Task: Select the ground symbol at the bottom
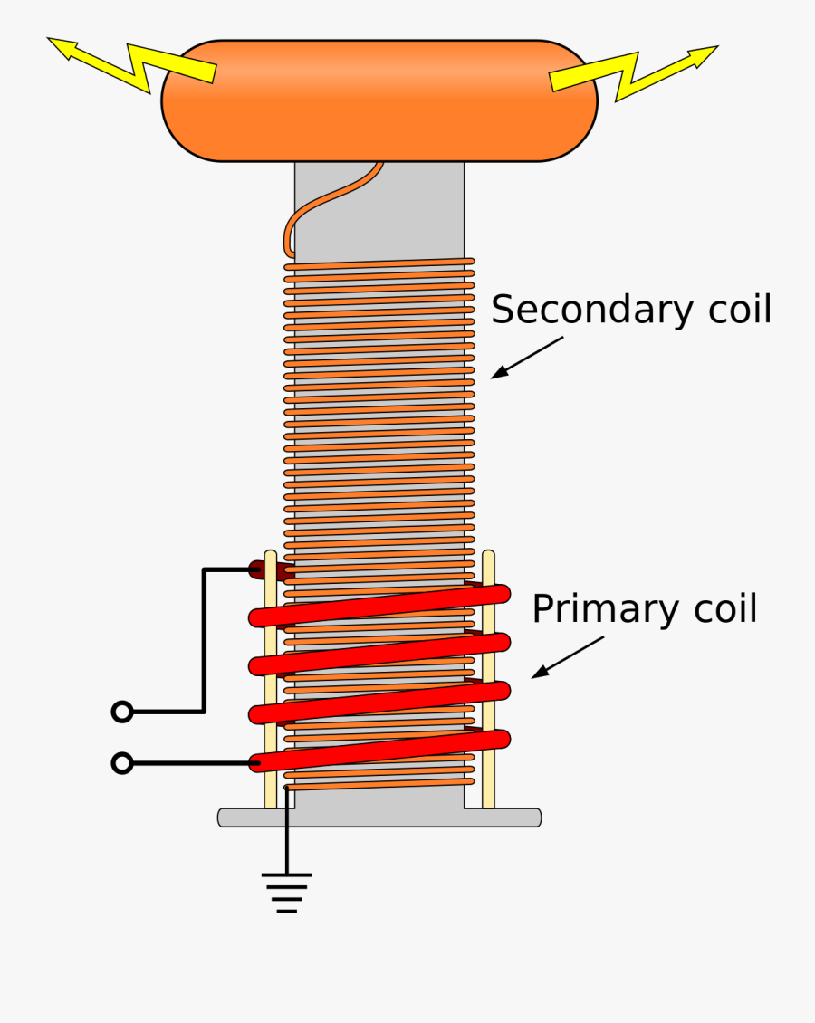click(x=287, y=892)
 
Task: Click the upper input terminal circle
click(x=122, y=712)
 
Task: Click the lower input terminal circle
click(x=122, y=764)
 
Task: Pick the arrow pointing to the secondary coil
click(x=525, y=358)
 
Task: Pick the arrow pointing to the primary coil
click(x=566, y=656)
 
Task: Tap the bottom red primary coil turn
click(x=380, y=751)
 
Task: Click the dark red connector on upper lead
click(x=263, y=570)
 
